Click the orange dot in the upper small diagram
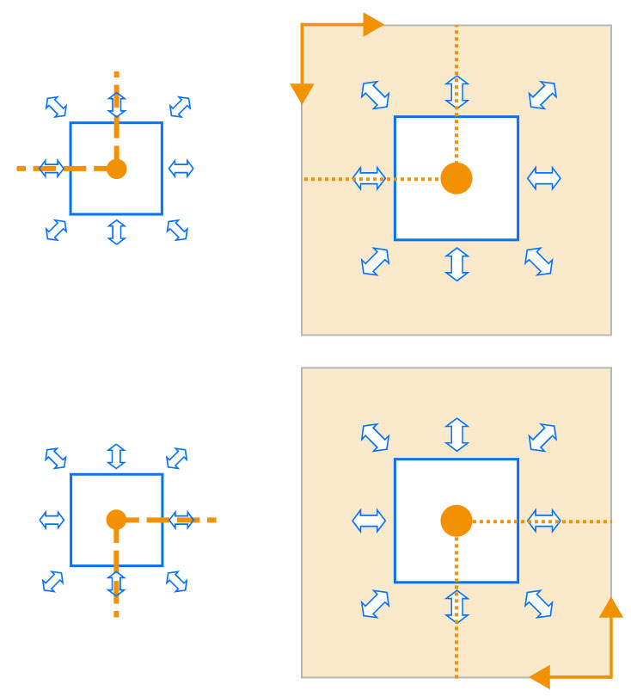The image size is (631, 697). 117,169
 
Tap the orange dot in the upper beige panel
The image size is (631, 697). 456,178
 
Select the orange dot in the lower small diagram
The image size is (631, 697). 117,520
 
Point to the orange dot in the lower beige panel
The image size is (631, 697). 456,521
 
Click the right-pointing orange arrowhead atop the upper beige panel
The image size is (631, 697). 373,25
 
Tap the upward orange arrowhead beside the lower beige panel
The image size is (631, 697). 611,608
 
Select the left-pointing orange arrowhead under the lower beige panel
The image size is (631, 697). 540,676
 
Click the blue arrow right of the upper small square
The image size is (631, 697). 181,169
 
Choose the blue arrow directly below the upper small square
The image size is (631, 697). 117,232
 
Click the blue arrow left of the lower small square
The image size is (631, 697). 52,520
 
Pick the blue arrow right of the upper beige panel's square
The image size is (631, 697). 543,178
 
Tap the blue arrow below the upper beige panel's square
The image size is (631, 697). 456,264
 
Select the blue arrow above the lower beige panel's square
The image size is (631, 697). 456,435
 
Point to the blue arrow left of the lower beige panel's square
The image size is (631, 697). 370,521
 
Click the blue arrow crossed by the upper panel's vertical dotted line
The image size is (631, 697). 456,91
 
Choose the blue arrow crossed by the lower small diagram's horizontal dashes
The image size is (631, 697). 181,520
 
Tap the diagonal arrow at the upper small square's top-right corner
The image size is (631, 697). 180,107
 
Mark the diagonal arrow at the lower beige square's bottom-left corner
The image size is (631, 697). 375,603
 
